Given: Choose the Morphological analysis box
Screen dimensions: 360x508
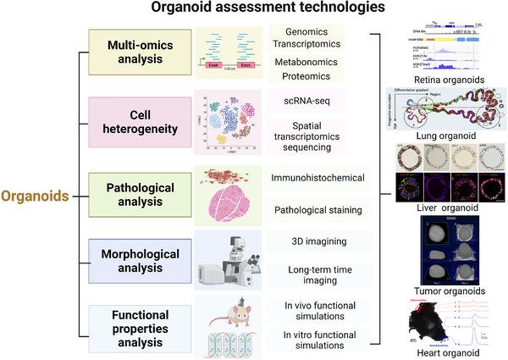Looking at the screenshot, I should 137,262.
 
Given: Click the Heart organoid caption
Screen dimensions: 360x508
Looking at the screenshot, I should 444,352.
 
